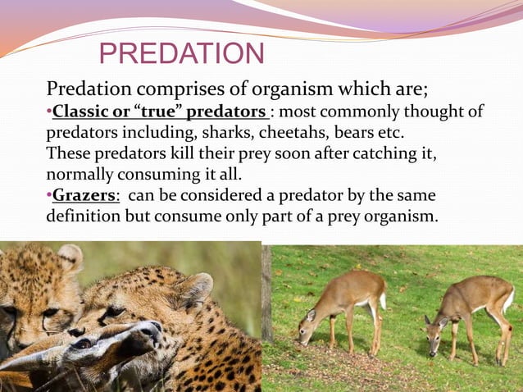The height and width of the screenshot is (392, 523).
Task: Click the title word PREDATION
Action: click(x=181, y=54)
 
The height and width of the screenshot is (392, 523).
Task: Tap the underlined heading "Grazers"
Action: click(x=80, y=196)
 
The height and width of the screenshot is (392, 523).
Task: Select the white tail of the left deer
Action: click(x=382, y=300)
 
